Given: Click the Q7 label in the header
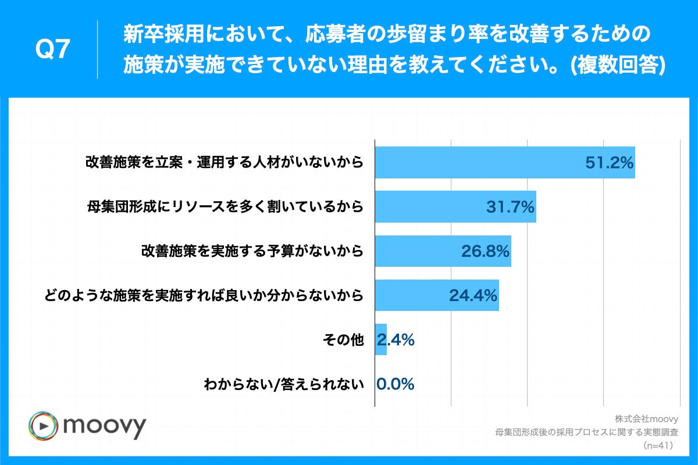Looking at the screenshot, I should coord(53,51).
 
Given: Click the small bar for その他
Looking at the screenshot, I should coord(381,339).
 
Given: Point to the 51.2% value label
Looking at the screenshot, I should coord(608,163).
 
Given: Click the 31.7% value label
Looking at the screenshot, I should coord(510,208).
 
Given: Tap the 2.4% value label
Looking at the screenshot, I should coord(397,340).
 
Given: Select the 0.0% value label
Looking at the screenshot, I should coord(396,384).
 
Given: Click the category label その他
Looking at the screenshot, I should coord(343,340).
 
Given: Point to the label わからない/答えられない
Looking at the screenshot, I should coord(283,384).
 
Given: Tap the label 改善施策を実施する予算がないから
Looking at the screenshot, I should coord(252,251).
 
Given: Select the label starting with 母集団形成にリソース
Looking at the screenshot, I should coord(225,207).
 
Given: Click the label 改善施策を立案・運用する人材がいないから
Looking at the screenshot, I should coord(225,163).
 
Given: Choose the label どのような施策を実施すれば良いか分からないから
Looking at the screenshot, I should coord(204,295).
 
